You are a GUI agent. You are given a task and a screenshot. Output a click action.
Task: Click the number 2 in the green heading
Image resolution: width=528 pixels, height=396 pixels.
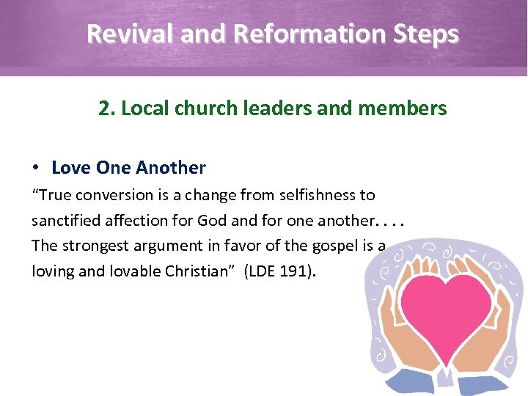(x=104, y=109)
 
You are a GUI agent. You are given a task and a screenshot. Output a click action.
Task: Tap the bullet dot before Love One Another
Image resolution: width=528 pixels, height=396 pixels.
(x=37, y=168)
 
